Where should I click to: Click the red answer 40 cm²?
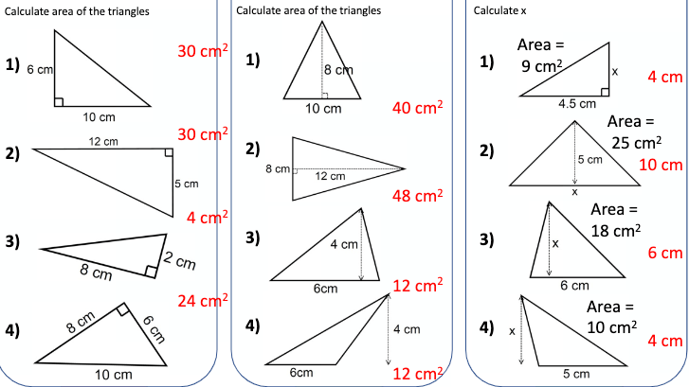(x=417, y=108)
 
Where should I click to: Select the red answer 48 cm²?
(x=417, y=196)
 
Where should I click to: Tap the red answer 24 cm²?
(x=203, y=301)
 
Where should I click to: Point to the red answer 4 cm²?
(x=208, y=218)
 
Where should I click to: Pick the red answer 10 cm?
(x=661, y=165)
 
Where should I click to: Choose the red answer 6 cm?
(x=665, y=253)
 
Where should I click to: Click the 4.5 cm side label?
(x=577, y=104)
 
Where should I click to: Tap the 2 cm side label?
(x=180, y=261)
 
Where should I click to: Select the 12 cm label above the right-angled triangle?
(x=103, y=141)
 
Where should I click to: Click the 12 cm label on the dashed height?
(x=330, y=176)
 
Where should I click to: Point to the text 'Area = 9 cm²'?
(x=540, y=56)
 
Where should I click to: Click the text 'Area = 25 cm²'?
(x=635, y=132)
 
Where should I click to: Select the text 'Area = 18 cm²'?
(x=615, y=220)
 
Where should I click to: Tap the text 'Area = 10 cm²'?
(x=611, y=317)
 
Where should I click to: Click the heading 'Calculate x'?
(x=499, y=10)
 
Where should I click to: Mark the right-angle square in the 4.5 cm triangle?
(x=605, y=92)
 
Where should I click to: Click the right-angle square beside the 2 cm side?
(x=151, y=272)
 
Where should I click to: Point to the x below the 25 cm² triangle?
(x=574, y=192)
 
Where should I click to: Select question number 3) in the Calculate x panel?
(x=486, y=240)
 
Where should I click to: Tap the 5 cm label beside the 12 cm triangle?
(x=187, y=184)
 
